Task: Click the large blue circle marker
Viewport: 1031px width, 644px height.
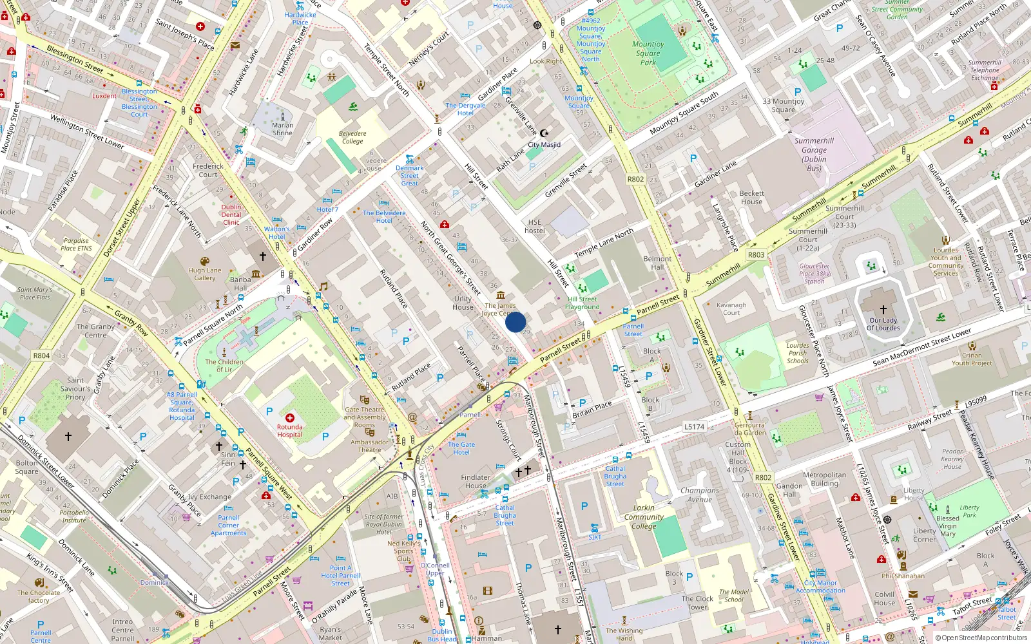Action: coord(515,322)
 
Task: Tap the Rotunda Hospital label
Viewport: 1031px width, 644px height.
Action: coord(289,430)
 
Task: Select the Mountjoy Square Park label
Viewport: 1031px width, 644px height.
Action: coord(648,53)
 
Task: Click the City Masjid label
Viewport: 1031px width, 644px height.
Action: coord(544,145)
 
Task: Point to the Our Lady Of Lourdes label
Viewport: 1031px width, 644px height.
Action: coord(883,324)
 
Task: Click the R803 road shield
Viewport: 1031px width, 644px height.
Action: coord(756,255)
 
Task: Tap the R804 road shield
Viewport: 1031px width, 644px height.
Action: coord(41,355)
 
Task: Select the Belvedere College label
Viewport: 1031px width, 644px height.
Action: coord(352,137)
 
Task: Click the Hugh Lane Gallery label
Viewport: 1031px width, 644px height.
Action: coord(205,274)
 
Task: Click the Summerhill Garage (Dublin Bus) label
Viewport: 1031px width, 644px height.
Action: coord(814,155)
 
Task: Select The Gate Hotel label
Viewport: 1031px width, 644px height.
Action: coord(461,448)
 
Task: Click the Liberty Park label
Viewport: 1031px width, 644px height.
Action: coord(969,511)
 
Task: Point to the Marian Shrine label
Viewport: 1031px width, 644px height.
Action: coord(282,129)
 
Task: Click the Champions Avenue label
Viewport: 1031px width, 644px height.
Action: coord(699,495)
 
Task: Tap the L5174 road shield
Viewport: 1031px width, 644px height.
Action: coord(694,426)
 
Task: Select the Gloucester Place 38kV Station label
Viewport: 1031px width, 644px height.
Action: coord(814,274)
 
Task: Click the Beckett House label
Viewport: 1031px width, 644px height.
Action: coord(751,197)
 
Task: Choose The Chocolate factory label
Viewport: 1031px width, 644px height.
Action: coord(39,596)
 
